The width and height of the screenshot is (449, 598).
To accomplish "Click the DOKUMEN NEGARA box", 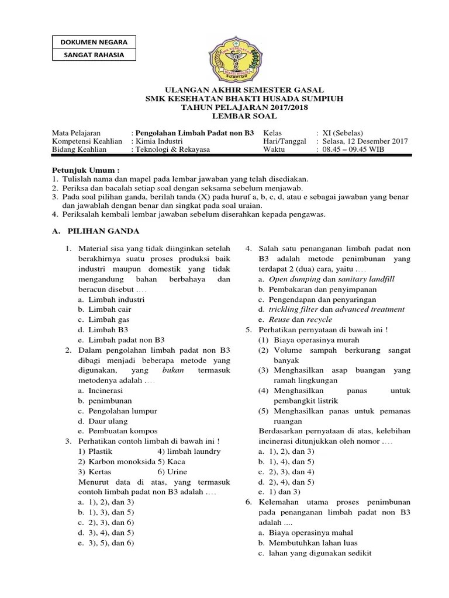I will (94, 41).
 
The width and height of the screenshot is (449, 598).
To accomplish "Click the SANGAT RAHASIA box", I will (94, 55).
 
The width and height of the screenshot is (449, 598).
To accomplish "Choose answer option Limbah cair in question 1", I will (109, 310).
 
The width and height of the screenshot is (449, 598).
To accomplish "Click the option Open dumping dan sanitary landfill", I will (331, 279).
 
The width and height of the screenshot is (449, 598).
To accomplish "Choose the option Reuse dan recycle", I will (300, 319).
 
